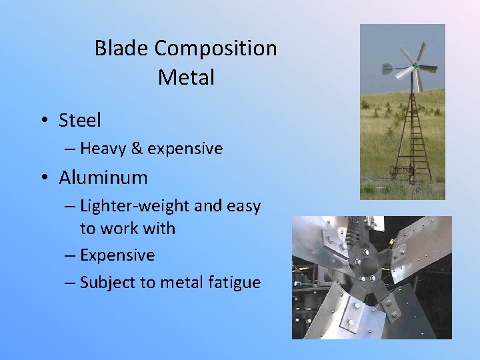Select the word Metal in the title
tap(186, 77)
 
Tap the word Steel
tap(80, 121)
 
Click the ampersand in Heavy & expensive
tap(137, 149)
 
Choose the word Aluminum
tap(103, 178)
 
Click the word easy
tap(243, 207)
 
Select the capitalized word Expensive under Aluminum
tap(117, 255)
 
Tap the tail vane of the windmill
tap(387, 68)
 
